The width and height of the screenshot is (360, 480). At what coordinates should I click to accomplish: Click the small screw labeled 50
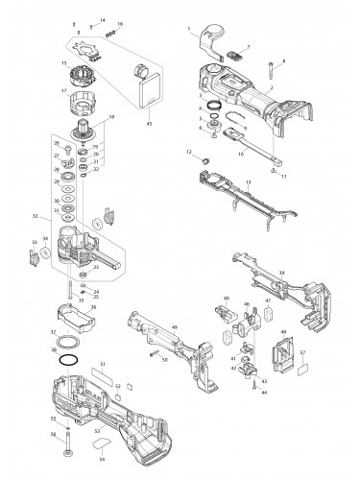[x=154, y=357]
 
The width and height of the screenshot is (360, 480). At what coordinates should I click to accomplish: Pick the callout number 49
[x=174, y=327]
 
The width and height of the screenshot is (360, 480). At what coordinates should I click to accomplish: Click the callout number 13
[x=249, y=182]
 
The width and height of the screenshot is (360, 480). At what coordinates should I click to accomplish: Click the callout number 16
[x=120, y=22]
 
